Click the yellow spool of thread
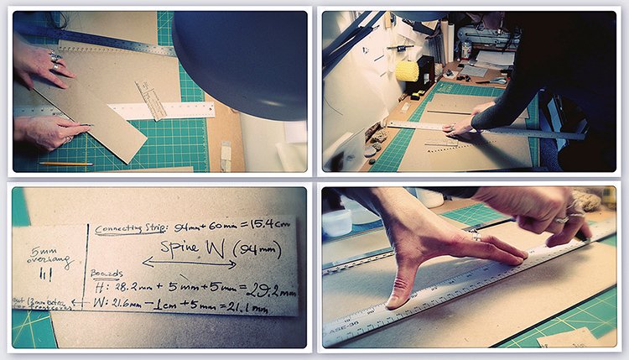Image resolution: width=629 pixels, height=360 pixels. (x=407, y=71)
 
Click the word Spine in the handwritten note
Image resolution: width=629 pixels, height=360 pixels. (x=183, y=248)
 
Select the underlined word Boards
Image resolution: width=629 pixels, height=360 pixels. (x=107, y=274)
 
